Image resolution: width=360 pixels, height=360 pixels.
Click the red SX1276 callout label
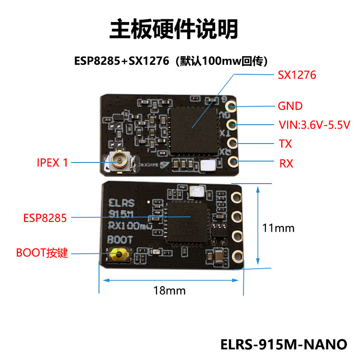point(297,75)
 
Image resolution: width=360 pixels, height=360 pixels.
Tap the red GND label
point(290,106)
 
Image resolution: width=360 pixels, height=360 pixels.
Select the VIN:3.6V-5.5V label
point(314,125)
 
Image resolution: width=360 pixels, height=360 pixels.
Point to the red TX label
point(285,144)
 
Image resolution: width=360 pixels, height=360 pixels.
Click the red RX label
point(286,163)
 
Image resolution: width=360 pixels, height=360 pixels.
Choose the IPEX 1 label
point(52,162)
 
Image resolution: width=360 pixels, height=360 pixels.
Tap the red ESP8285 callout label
point(45,218)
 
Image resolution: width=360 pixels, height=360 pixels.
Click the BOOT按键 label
point(42,253)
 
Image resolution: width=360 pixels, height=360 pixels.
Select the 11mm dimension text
point(278,228)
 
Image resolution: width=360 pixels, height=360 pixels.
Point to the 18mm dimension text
point(169,290)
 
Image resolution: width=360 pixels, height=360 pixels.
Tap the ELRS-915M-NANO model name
point(284,344)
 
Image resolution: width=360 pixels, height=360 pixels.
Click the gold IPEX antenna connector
point(120,161)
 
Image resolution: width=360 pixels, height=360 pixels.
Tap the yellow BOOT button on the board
point(119,256)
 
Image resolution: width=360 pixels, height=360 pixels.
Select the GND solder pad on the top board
point(232,107)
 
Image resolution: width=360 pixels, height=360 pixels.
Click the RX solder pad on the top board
point(233,161)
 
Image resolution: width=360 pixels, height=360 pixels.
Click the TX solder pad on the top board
point(232,143)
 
